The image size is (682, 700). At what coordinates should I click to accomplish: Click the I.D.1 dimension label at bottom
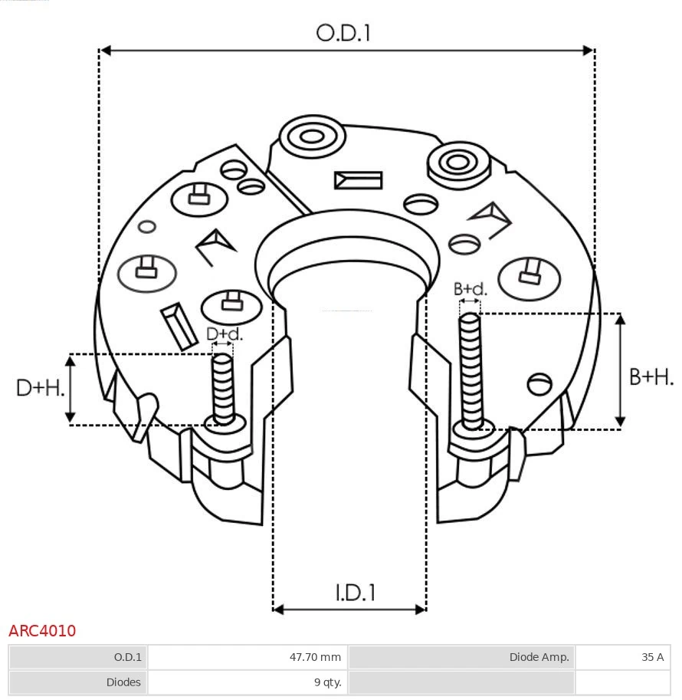pos(355,592)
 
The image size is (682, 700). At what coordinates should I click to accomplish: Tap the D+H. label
pos(40,388)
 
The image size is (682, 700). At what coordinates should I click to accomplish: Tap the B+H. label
pos(651,376)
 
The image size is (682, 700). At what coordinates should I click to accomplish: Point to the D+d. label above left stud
pos(225,334)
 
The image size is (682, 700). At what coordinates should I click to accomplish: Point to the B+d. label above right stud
pos(470,289)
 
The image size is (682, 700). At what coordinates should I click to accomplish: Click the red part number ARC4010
pos(42,631)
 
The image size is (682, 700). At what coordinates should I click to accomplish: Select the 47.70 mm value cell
pos(248,657)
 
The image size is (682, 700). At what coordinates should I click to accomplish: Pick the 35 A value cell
pos(622,657)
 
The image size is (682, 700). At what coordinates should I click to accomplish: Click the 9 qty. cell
pos(248,682)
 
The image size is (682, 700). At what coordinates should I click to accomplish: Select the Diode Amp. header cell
pos(461,657)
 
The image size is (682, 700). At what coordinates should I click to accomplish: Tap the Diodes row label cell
pos(77,682)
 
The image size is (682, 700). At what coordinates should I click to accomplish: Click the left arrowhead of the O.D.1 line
pos(106,51)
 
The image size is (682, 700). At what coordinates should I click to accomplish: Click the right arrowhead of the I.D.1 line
pos(420,610)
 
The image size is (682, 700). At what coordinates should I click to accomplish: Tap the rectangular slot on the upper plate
pos(358,180)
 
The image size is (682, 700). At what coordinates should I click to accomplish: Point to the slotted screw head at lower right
pos(540,383)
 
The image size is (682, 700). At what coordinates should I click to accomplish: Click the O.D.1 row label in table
pos(77,657)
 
